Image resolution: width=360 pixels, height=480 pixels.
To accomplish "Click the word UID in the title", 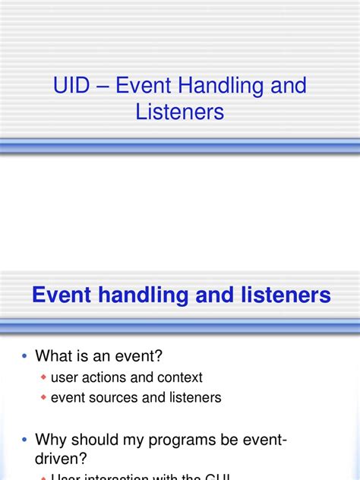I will pyautogui.click(x=71, y=85).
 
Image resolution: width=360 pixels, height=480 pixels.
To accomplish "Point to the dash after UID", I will pyautogui.click(x=102, y=86).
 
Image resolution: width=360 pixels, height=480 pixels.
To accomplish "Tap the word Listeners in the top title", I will pyautogui.click(x=180, y=112).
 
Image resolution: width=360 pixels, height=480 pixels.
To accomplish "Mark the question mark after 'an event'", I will pyautogui.click(x=158, y=356).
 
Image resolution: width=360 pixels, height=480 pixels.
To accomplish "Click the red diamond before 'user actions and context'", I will pyautogui.click(x=44, y=378).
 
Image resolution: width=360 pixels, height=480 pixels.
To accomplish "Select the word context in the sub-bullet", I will pyautogui.click(x=180, y=377).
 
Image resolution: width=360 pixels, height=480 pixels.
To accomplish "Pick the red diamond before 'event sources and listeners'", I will pyautogui.click(x=44, y=398).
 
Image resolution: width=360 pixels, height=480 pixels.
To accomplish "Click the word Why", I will pyautogui.click(x=52, y=440).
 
